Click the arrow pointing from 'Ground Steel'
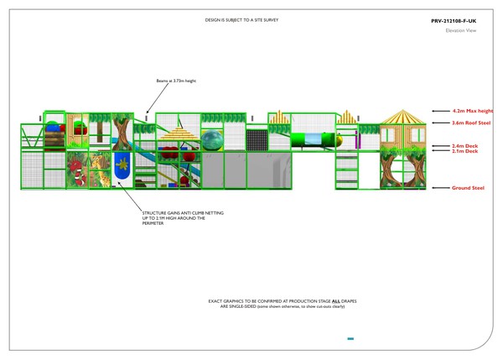440,188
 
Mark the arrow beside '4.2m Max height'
440,110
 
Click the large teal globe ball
212,138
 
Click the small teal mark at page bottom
350,338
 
